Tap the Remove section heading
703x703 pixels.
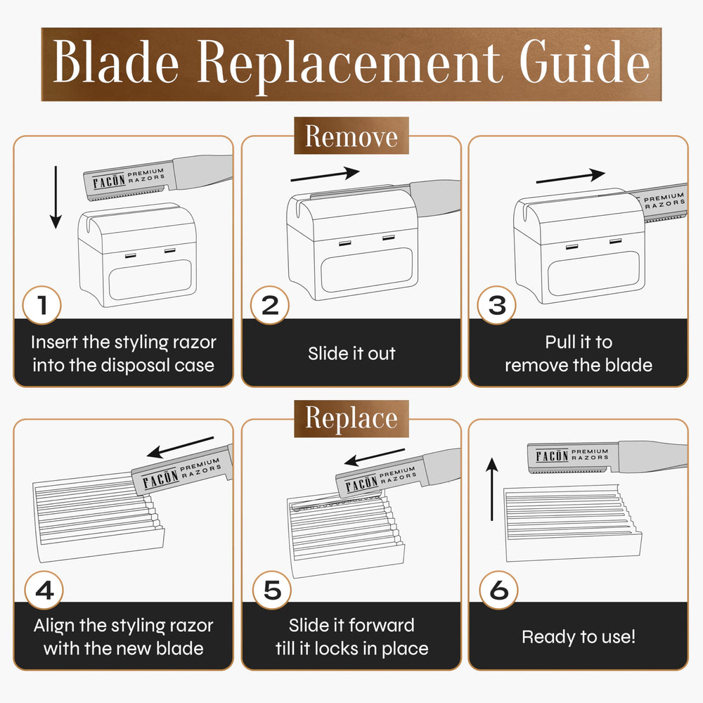pos(351,136)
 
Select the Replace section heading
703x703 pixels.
pos(351,418)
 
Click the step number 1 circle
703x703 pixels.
pos(42,305)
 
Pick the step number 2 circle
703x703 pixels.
pos(270,305)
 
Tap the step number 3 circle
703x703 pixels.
pos(497,305)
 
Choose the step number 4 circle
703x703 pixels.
pos(44,590)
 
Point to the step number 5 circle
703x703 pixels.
pos(271,590)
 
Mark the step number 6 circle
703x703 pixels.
pos(498,590)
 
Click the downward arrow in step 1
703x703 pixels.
pos(56,198)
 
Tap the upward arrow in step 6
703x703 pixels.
pos(492,489)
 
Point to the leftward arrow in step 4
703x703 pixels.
pos(180,447)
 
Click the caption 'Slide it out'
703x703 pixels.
pos(351,354)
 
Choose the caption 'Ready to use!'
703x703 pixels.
pos(579,637)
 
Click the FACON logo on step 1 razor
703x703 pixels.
pos(109,181)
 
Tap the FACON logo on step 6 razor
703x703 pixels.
pos(553,456)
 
